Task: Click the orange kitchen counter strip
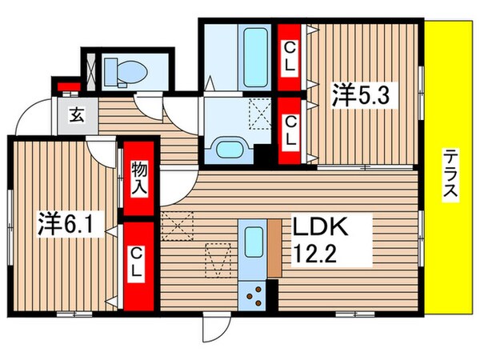click(274, 250)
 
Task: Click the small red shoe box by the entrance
click(63, 84)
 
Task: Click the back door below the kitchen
click(215, 324)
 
